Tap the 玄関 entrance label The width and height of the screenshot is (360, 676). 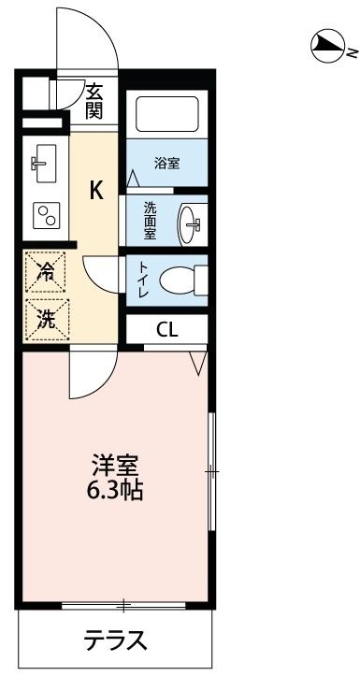[x=94, y=101]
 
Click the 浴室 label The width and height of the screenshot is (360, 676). [x=166, y=163]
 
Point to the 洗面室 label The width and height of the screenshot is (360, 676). [x=151, y=221]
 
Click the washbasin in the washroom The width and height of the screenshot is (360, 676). [x=194, y=223]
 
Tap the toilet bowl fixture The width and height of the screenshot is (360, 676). [x=181, y=280]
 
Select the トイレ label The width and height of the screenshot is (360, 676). [x=143, y=279]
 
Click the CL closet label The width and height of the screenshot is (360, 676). [x=167, y=328]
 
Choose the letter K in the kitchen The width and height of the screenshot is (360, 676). [x=96, y=191]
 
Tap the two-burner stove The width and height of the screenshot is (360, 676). [x=44, y=216]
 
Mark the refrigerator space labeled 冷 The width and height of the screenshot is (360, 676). [x=46, y=271]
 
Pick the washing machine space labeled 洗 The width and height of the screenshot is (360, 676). [x=46, y=318]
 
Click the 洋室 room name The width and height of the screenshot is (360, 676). [x=116, y=464]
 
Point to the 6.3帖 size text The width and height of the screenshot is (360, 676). [x=116, y=489]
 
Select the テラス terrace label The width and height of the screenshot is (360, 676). [x=116, y=641]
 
